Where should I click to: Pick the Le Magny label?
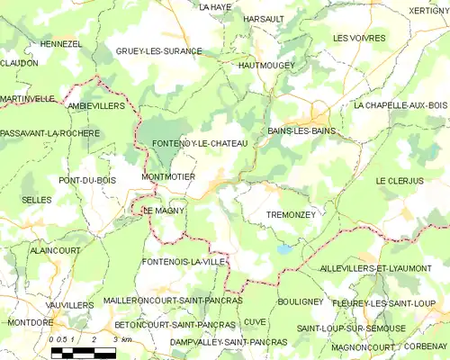(165, 211)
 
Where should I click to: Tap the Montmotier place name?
(168, 177)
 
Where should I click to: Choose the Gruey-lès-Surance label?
(158, 51)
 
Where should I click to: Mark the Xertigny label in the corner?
(427, 10)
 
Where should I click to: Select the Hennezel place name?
(62, 43)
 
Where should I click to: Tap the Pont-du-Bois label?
(88, 180)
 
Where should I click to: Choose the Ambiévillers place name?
(96, 105)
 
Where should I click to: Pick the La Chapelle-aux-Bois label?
(400, 105)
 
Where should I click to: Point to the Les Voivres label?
(359, 39)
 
